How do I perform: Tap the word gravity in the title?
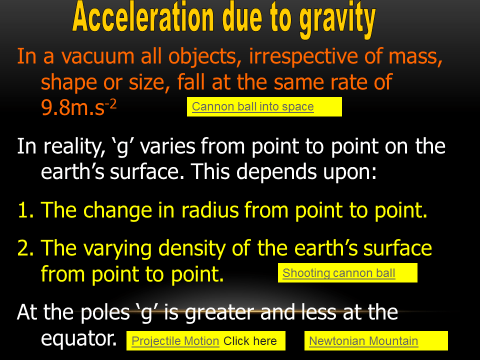tap(337, 19)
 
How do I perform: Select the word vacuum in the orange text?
tap(97, 56)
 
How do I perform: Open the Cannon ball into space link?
tap(253, 106)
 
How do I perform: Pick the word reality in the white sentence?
tap(74, 147)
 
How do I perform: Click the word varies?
tap(168, 146)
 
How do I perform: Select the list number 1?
tap(25, 210)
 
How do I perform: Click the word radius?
tap(210, 210)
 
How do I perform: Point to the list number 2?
tap(25, 248)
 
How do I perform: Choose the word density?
tap(192, 249)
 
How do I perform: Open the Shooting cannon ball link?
tap(339, 273)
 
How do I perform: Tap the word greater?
tap(219, 313)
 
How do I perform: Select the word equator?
tap(78, 339)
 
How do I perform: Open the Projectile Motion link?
tap(175, 341)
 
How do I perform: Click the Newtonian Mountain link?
tap(363, 341)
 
